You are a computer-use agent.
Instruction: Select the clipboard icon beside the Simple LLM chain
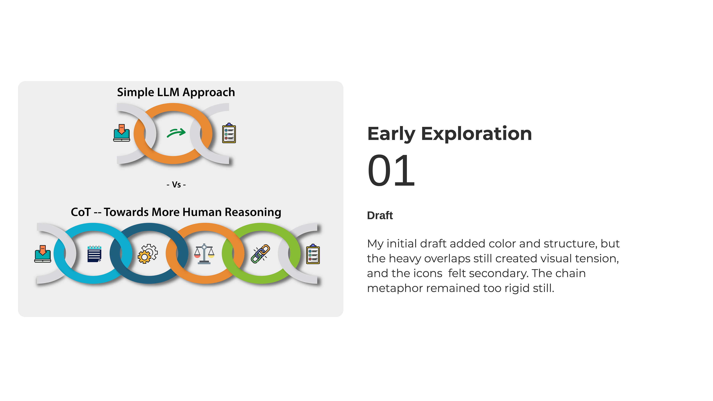(229, 133)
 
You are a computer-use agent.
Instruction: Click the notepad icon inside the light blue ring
(94, 253)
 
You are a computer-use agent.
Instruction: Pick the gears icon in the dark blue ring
(148, 253)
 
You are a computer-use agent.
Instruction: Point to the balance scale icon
(204, 254)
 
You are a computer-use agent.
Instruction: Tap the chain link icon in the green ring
(260, 253)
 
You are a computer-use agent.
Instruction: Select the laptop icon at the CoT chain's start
(43, 253)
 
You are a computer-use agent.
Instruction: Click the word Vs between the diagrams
(176, 185)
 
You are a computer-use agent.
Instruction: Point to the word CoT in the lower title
(81, 212)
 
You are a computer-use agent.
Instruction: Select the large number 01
(391, 170)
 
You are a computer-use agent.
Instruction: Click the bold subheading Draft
(380, 215)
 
